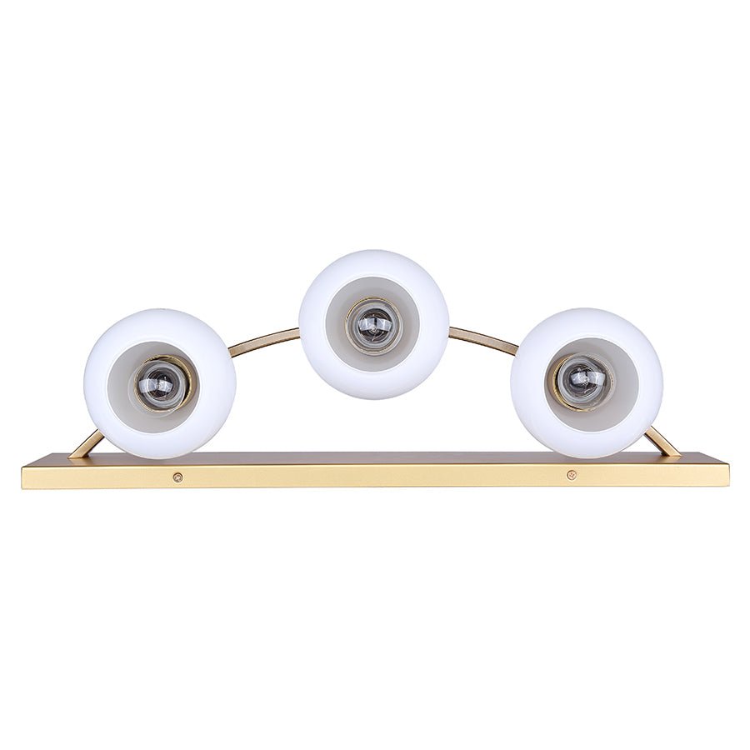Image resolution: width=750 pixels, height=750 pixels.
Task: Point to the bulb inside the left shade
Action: (x=161, y=385)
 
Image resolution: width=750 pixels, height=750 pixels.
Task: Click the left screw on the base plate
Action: (x=177, y=477)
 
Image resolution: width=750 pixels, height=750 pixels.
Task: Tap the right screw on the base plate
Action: (x=571, y=475)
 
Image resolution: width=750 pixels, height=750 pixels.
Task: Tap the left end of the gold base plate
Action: (x=28, y=477)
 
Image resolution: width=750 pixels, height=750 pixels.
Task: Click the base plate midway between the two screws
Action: (x=374, y=477)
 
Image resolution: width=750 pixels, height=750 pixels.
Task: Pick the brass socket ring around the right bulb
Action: (x=557, y=383)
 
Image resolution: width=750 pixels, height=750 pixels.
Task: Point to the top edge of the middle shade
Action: (x=374, y=252)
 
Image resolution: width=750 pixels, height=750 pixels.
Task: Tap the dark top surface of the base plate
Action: (x=375, y=458)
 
